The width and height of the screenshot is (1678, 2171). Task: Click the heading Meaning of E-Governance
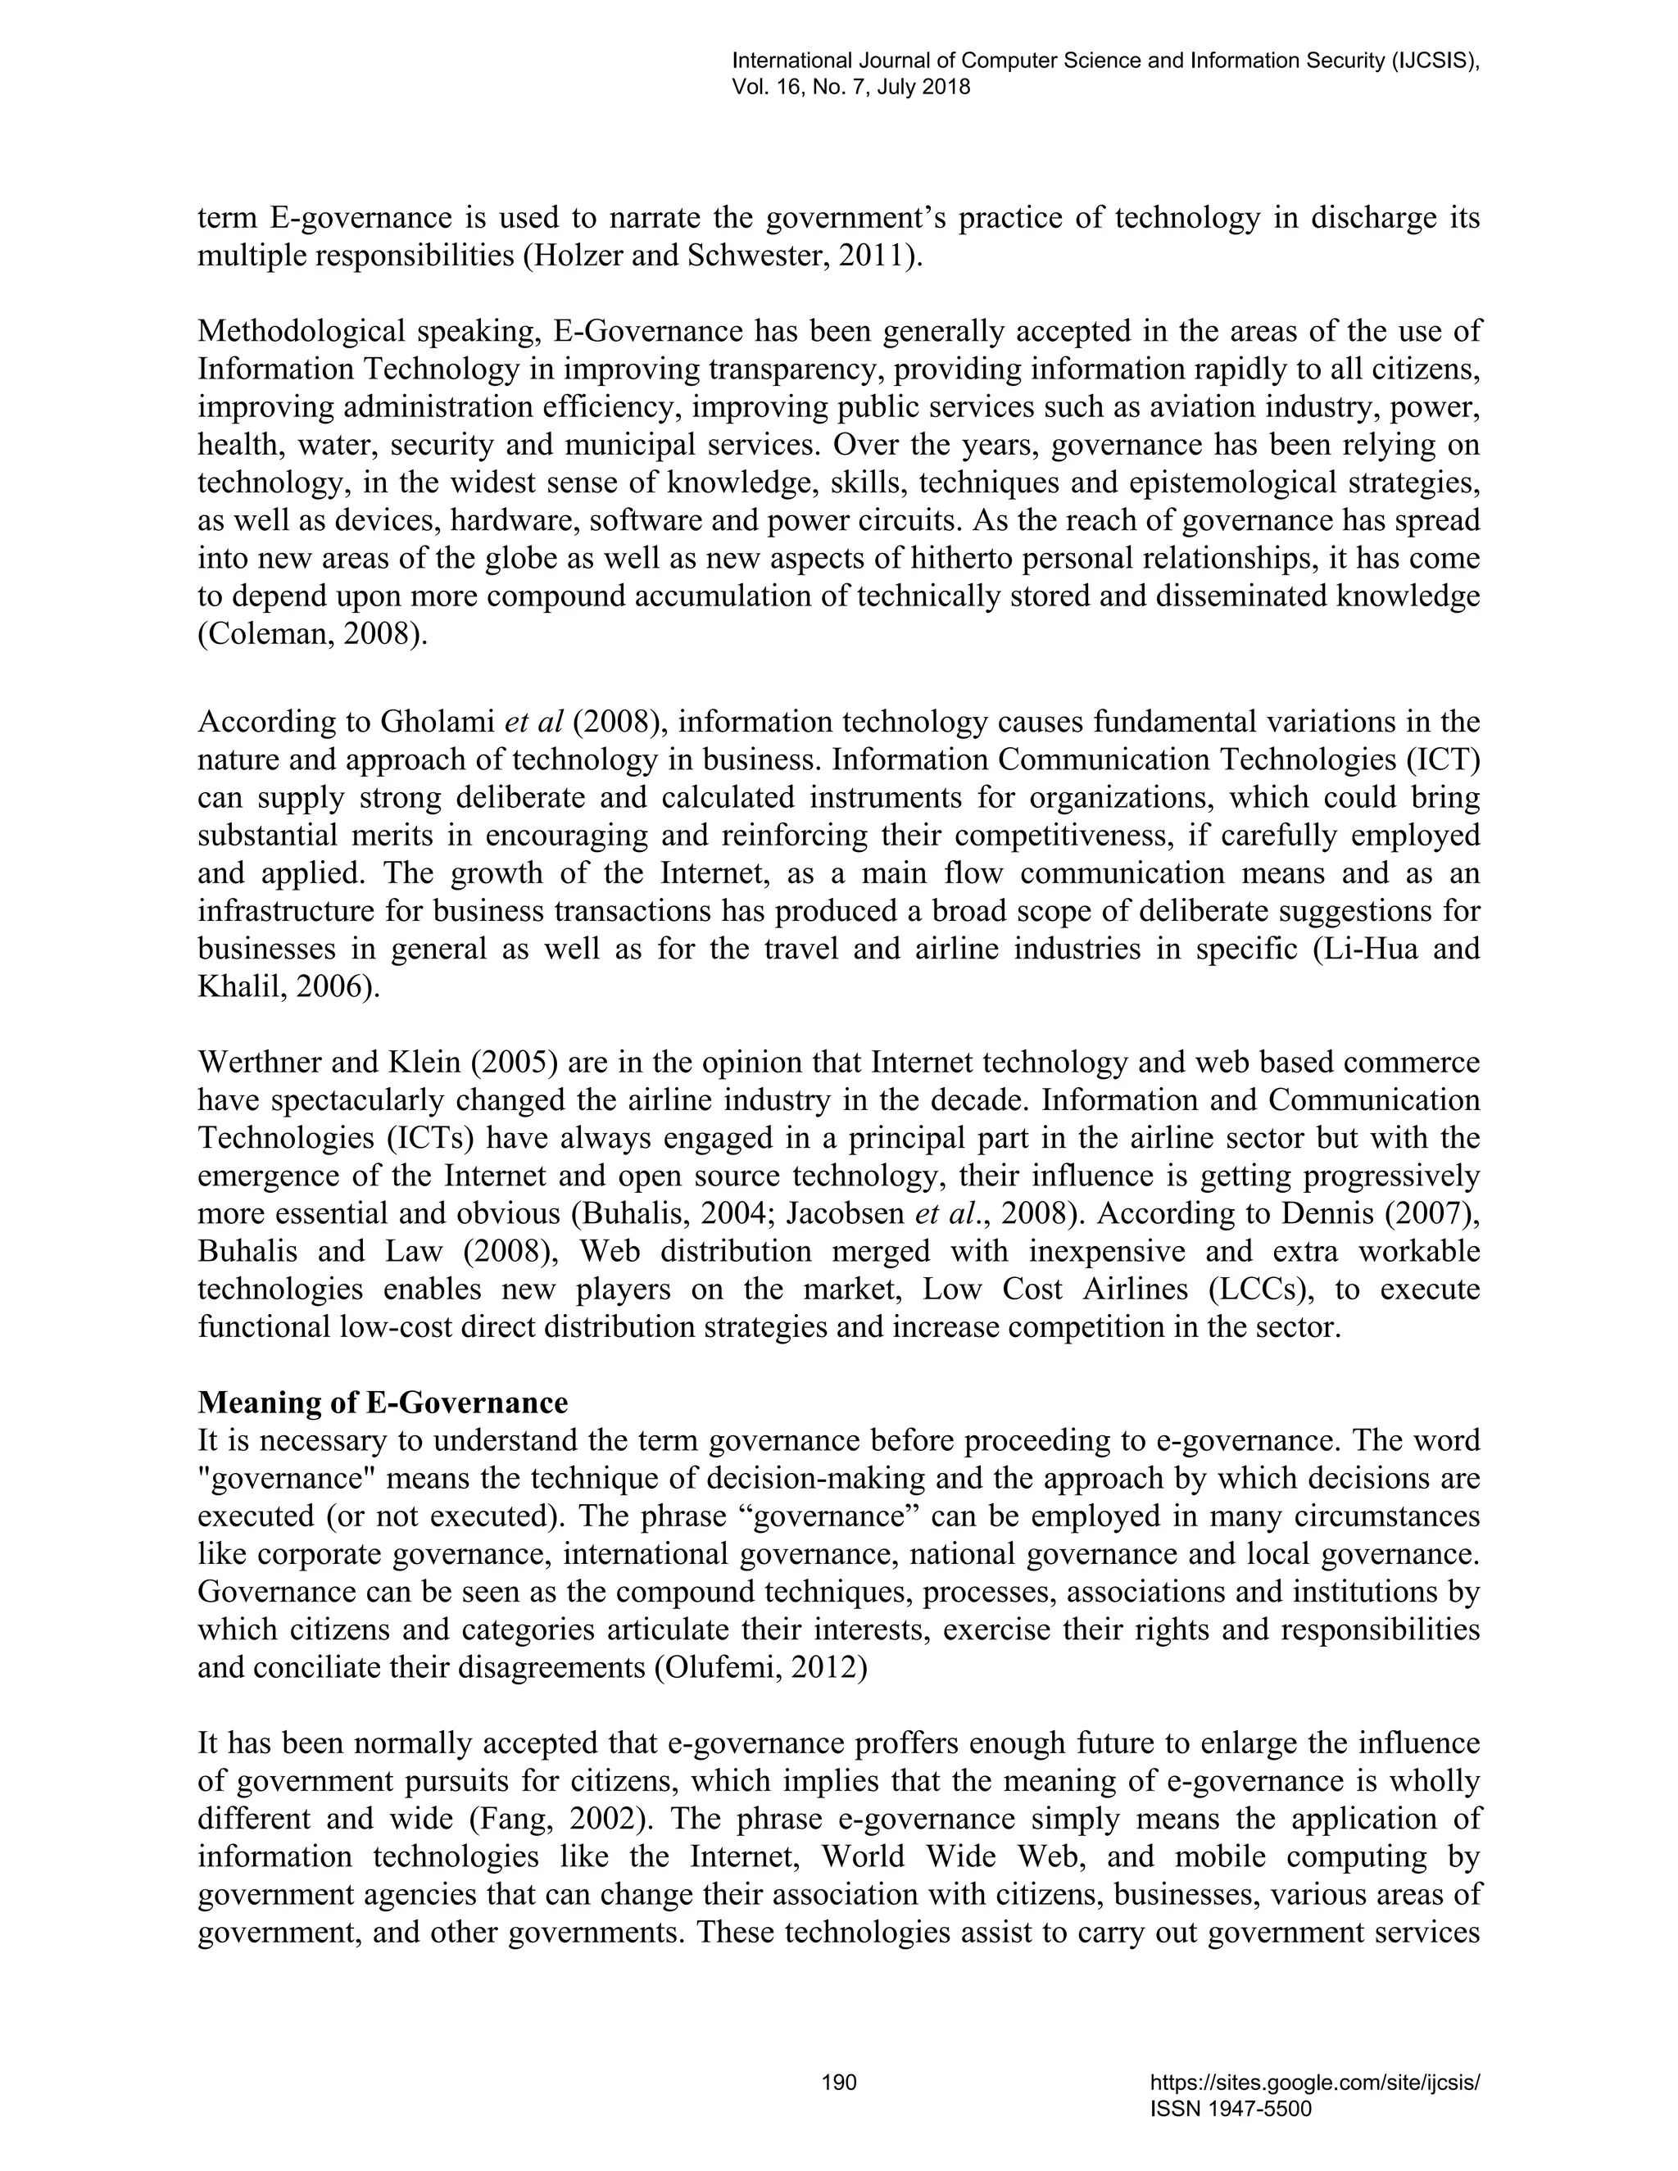[x=383, y=1403]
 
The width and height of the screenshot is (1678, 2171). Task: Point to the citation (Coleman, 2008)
[x=313, y=635]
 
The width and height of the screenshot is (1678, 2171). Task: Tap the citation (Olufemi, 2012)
[x=760, y=1668]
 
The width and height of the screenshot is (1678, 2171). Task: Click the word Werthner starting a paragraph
[x=261, y=1063]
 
